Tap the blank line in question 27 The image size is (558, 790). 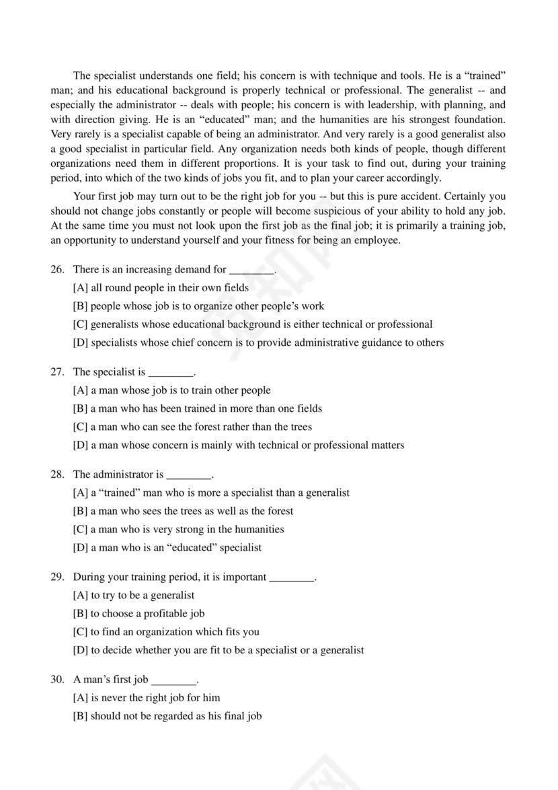pos(170,373)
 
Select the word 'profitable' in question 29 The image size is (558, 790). pos(159,613)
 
